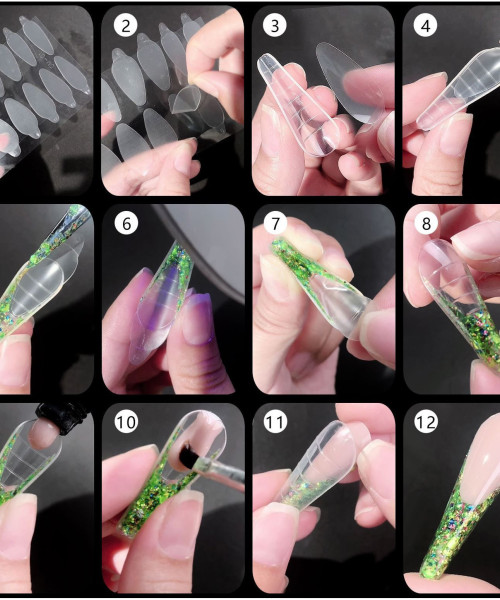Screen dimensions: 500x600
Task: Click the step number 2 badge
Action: pos(125,25)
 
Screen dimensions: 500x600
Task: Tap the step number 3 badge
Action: pos(275,25)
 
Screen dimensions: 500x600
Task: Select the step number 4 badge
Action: pos(425,25)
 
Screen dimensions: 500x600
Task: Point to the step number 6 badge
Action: pos(126,223)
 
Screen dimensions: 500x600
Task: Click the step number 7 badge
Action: pos(275,223)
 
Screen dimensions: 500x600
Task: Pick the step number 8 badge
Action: pos(426,223)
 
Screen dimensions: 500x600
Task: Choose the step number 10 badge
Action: pos(126,422)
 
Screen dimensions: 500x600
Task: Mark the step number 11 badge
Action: pos(275,422)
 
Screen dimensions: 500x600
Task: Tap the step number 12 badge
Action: pos(426,422)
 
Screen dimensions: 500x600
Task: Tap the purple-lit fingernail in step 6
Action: pos(197,316)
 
